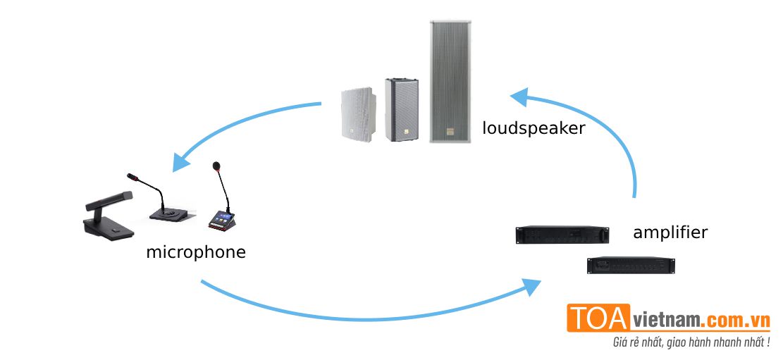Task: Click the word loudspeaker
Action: [x=534, y=128]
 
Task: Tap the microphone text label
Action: [x=195, y=252]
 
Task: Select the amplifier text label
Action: [x=670, y=232]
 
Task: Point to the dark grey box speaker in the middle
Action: [x=401, y=109]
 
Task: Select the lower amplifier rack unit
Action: [x=631, y=265]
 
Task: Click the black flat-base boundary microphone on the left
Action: [x=106, y=215]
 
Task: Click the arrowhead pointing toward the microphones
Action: [x=182, y=160]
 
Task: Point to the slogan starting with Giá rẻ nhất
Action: [x=691, y=342]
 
